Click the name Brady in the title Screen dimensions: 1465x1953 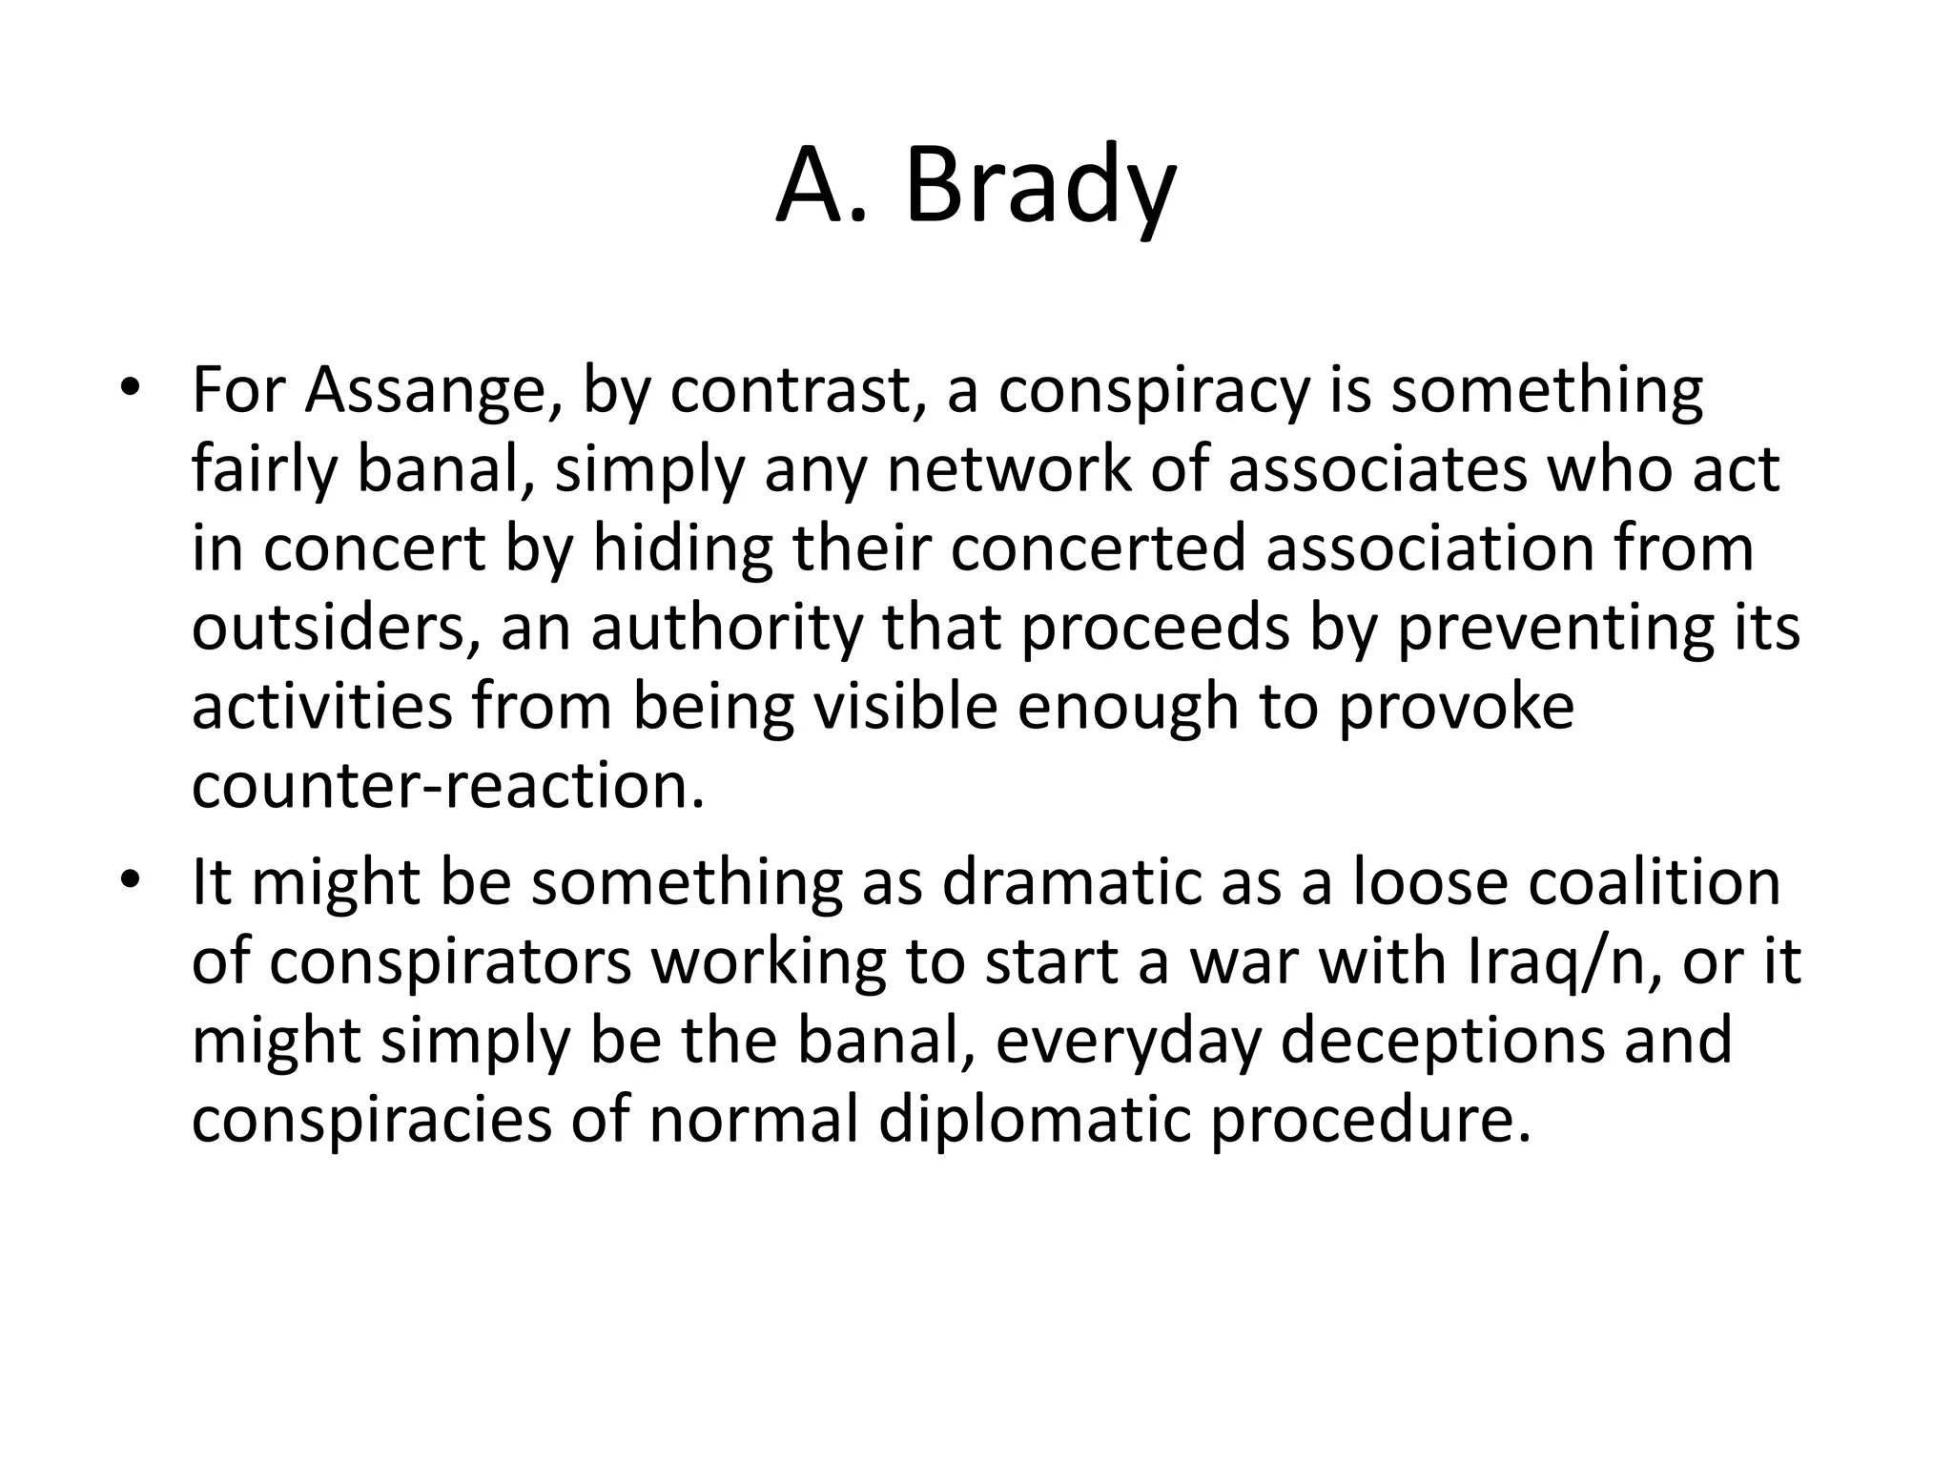[1039, 187]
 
